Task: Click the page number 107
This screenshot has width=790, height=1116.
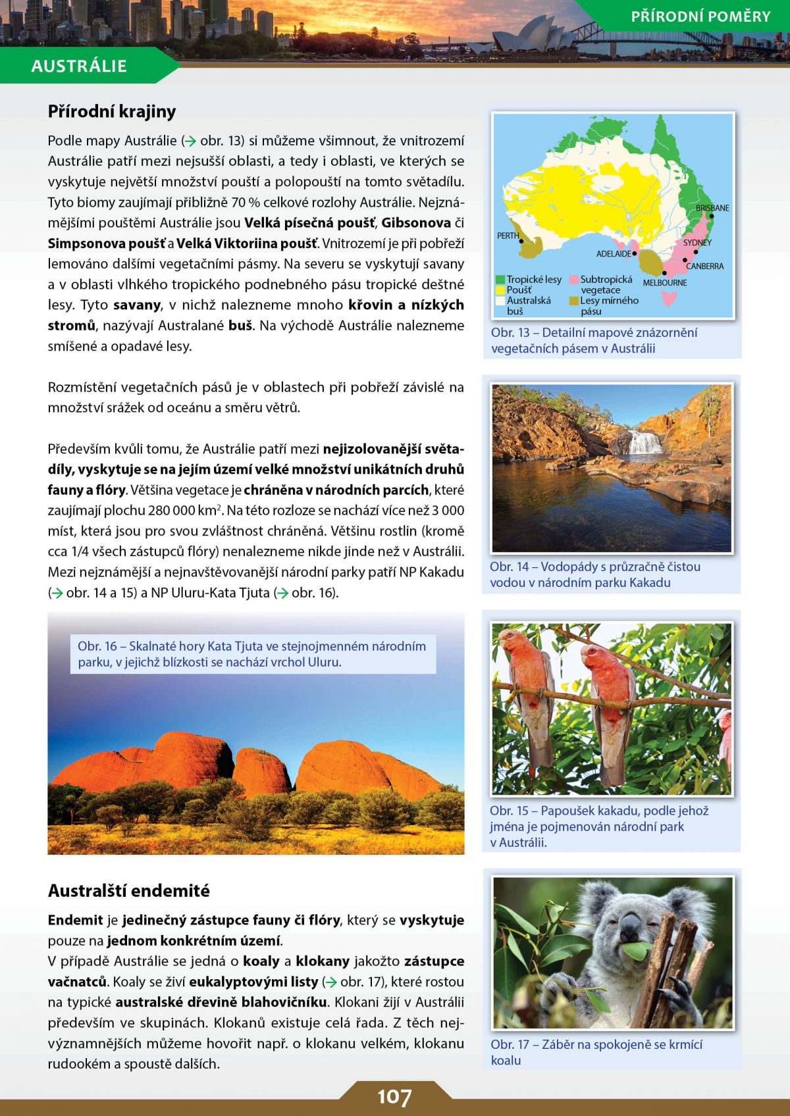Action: (394, 1097)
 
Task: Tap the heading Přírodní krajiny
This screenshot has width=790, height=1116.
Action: (112, 111)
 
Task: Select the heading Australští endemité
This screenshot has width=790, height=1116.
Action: (129, 891)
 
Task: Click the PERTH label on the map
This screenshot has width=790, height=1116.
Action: (508, 236)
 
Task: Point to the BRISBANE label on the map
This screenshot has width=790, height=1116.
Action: (712, 208)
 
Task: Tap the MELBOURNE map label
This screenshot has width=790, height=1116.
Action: (665, 283)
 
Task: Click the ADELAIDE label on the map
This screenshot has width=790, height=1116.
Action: (614, 253)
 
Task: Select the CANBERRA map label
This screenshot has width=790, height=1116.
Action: (705, 266)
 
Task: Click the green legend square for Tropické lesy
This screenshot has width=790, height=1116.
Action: (500, 280)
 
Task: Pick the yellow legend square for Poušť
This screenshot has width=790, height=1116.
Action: (500, 290)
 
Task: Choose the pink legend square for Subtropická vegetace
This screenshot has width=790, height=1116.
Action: (574, 280)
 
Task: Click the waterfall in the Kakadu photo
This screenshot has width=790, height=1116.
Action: (645, 442)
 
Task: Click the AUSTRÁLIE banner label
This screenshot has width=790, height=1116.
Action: (79, 66)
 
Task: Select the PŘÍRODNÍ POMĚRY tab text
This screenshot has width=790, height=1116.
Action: (700, 16)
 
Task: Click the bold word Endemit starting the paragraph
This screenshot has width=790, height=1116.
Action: (75, 920)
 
